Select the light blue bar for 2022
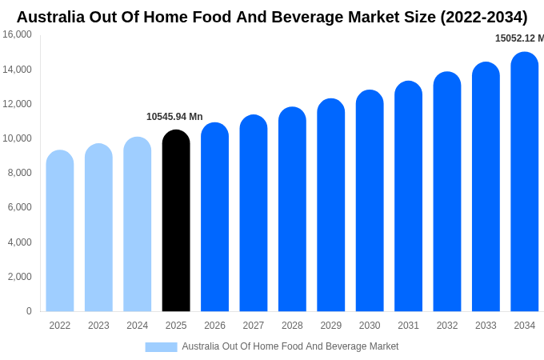pyautogui.click(x=60, y=231)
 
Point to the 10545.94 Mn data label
pyautogui.click(x=174, y=117)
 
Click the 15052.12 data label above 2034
pyautogui.click(x=518, y=38)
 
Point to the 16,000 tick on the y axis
pyautogui.click(x=17, y=34)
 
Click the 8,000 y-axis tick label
pyautogui.click(x=19, y=173)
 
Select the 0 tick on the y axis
pyautogui.click(x=29, y=311)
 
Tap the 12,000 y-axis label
pyautogui.click(x=17, y=104)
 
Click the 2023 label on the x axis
pyautogui.click(x=98, y=326)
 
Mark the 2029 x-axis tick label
pyautogui.click(x=331, y=326)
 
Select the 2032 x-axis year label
pyautogui.click(x=447, y=326)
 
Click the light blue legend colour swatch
pyautogui.click(x=161, y=347)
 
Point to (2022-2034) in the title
pyautogui.click(x=483, y=17)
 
